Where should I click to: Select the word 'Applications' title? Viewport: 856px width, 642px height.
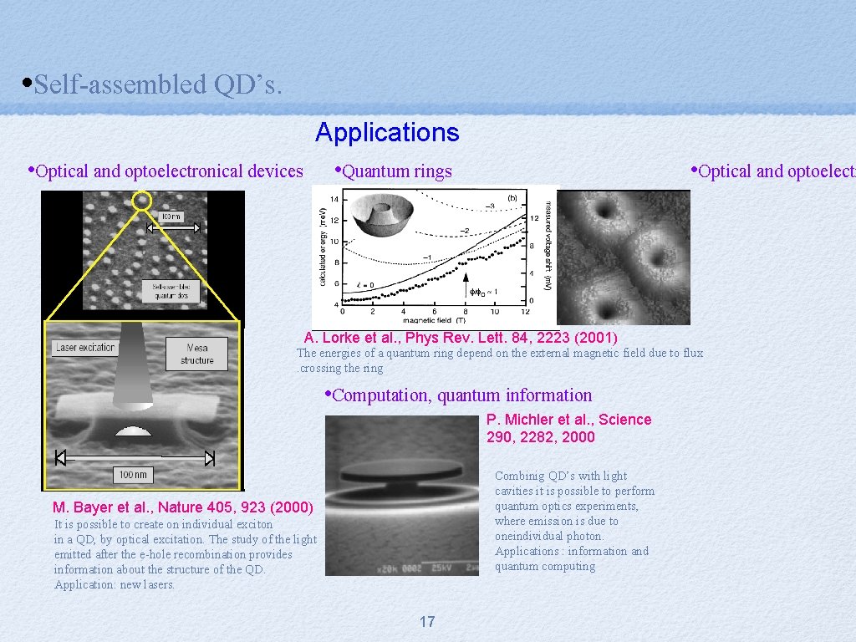tap(387, 133)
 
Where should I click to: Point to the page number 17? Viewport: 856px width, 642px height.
tap(427, 621)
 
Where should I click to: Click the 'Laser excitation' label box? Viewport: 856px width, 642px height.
tap(86, 348)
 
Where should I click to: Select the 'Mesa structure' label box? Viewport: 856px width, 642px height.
tap(196, 354)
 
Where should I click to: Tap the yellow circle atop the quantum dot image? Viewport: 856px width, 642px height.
tap(142, 200)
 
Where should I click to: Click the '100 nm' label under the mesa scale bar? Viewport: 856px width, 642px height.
tap(133, 475)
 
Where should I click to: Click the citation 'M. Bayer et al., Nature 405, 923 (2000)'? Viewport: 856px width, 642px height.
tap(182, 507)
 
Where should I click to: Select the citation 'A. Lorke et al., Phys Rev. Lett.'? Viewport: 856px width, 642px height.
tap(461, 338)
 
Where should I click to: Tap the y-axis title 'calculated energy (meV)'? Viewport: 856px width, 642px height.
tap(322, 247)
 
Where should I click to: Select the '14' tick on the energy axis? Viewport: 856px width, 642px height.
tap(335, 199)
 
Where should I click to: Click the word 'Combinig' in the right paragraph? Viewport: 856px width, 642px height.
tap(518, 476)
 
